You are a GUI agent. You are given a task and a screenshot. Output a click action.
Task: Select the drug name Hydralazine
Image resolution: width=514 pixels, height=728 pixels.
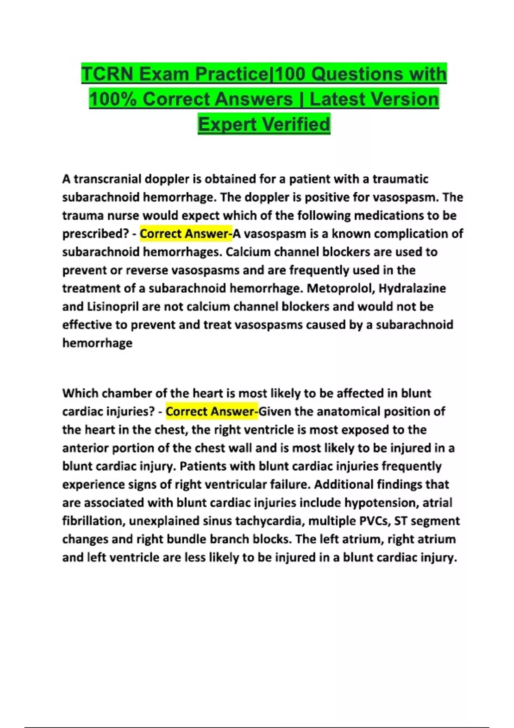[x=412, y=288]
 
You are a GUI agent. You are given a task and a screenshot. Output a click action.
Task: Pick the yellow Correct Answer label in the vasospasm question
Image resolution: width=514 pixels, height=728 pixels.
[x=185, y=234]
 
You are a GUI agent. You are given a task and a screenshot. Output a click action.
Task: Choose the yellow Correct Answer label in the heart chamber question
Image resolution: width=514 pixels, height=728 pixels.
[x=212, y=412]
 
